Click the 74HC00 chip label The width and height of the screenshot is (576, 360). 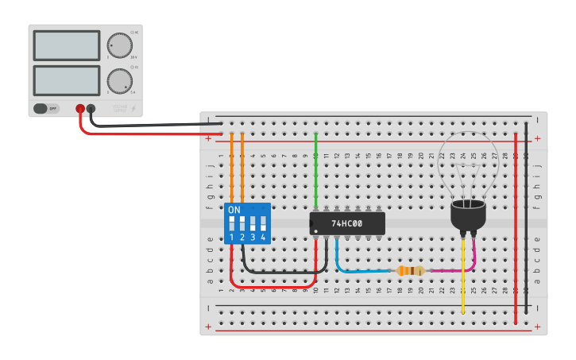[x=346, y=224]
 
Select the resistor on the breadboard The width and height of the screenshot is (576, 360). [x=410, y=271]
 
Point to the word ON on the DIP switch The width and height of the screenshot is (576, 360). [x=234, y=211]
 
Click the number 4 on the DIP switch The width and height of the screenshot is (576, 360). [x=263, y=238]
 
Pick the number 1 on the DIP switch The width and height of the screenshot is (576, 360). [x=232, y=238]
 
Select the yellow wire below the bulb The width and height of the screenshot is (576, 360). [x=463, y=278]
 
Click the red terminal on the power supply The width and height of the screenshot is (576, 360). [x=80, y=109]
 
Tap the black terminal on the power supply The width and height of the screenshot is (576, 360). [x=91, y=109]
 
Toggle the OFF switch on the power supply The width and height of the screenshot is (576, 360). [x=46, y=108]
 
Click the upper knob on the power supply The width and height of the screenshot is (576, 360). [x=119, y=45]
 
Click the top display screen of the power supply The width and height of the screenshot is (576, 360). [x=67, y=45]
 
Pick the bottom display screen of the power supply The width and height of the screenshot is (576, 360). [x=67, y=80]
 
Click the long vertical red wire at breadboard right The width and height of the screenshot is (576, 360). [x=516, y=230]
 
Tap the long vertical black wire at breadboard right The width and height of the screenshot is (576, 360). [x=527, y=215]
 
